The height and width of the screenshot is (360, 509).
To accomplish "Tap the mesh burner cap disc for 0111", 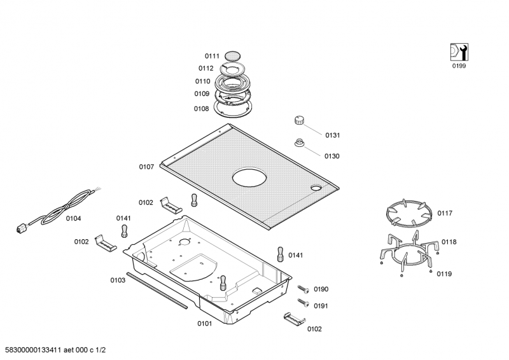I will click(x=234, y=55).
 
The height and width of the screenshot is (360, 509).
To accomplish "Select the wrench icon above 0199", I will click(x=458, y=52).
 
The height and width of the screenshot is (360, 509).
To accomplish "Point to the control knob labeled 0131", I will click(x=300, y=121).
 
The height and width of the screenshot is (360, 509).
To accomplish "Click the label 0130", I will click(x=332, y=156).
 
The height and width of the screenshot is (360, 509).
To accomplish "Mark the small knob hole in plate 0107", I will click(x=316, y=188).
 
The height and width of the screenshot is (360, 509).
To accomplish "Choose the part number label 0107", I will click(x=146, y=167).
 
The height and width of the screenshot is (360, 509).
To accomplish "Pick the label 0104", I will click(x=73, y=218).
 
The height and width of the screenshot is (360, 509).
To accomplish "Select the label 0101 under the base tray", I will click(x=204, y=323).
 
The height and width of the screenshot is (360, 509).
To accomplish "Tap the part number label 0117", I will click(x=445, y=213).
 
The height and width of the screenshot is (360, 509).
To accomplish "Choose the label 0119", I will click(x=444, y=273).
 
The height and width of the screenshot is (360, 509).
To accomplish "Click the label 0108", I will click(x=201, y=109).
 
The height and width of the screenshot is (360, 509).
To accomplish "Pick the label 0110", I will click(x=202, y=81).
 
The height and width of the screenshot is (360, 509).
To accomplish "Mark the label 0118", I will click(x=449, y=242).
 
